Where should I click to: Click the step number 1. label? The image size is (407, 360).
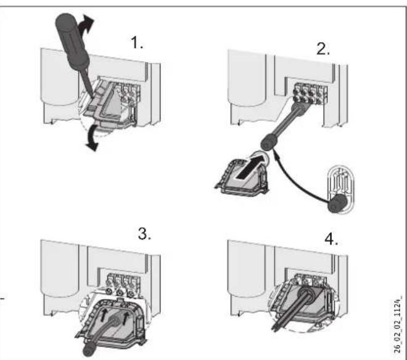pos(136,43)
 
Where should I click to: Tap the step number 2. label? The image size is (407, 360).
pos(323,49)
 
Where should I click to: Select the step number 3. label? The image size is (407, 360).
pos(144,234)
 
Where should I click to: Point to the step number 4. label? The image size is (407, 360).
pos(331,239)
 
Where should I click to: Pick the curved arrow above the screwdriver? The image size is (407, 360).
pos(86,25)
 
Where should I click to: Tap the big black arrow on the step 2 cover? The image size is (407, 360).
pos(251,166)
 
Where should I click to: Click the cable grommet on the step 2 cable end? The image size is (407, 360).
pos(269,142)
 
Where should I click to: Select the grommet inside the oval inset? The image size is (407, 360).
pos(337,203)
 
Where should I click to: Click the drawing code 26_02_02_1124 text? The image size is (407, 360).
pos(397,324)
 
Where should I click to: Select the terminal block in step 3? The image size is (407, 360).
pos(123,284)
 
